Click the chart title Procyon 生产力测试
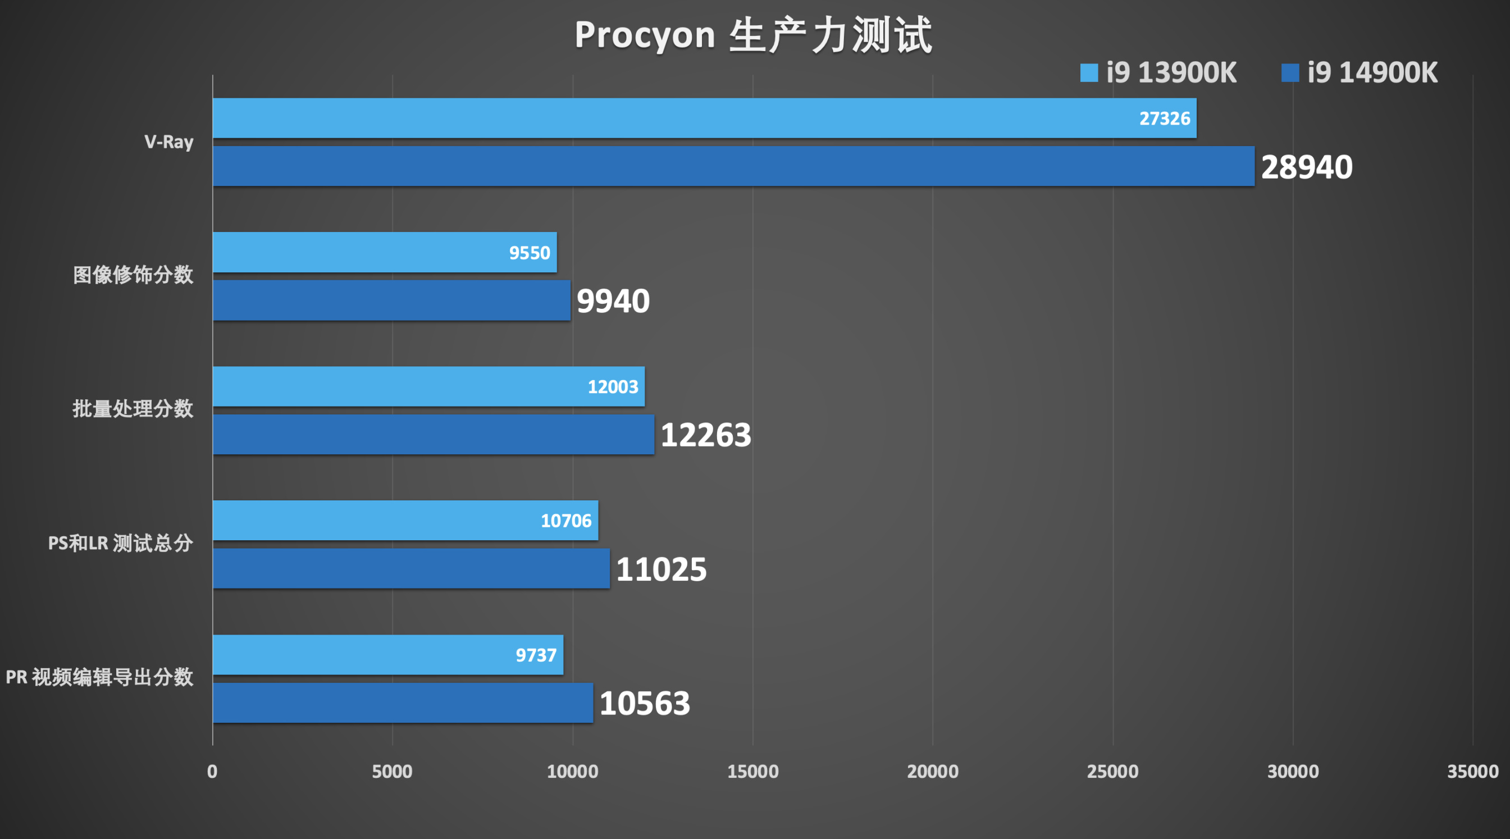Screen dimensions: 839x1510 [x=753, y=35]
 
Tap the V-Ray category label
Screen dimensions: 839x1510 [x=169, y=142]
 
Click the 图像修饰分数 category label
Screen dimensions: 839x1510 [x=133, y=275]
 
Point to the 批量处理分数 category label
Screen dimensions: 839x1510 [x=133, y=409]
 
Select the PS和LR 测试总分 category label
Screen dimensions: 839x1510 [x=120, y=543]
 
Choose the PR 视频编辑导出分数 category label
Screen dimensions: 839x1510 [x=99, y=677]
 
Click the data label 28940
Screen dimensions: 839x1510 [x=1307, y=167]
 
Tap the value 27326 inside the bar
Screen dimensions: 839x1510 [x=1164, y=118]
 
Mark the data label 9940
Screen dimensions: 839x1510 [x=613, y=302]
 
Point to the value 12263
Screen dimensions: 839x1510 [x=706, y=435]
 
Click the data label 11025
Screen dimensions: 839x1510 [x=661, y=569]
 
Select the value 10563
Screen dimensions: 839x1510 [x=645, y=704]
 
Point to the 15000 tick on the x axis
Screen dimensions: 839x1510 [x=752, y=772]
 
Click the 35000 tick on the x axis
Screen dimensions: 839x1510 [x=1472, y=772]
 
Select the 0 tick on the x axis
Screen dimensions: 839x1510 [x=212, y=772]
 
